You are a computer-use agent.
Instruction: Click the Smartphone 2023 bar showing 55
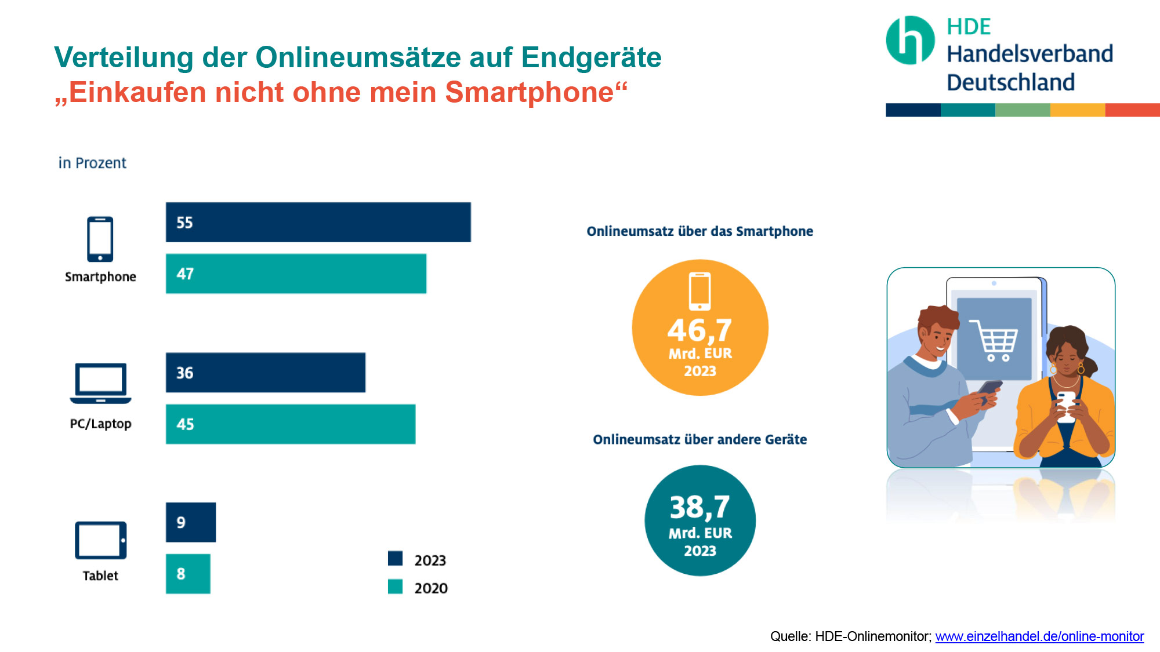(x=318, y=222)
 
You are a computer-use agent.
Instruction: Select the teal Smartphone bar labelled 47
(x=296, y=274)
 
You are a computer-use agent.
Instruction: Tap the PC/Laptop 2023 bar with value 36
(x=266, y=373)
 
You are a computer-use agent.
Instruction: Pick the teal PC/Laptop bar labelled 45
(x=290, y=424)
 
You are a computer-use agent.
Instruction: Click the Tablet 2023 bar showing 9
(x=190, y=522)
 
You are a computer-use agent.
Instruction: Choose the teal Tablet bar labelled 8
(x=188, y=574)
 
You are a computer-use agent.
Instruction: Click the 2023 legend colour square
(x=395, y=559)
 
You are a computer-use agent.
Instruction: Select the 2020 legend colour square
(x=395, y=587)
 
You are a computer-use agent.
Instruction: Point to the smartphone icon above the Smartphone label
(x=100, y=239)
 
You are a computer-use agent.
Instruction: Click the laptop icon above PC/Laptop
(x=100, y=383)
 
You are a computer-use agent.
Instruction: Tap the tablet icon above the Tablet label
(x=100, y=540)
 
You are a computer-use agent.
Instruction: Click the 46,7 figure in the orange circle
(x=699, y=330)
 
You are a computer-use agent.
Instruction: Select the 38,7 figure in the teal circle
(x=699, y=507)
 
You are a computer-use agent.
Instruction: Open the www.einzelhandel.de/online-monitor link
(x=1039, y=636)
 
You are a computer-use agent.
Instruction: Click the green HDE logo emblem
(x=910, y=40)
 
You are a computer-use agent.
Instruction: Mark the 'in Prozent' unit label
(x=92, y=163)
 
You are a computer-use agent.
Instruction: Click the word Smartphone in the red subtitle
(x=529, y=92)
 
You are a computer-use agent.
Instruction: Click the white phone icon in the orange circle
(x=699, y=291)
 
